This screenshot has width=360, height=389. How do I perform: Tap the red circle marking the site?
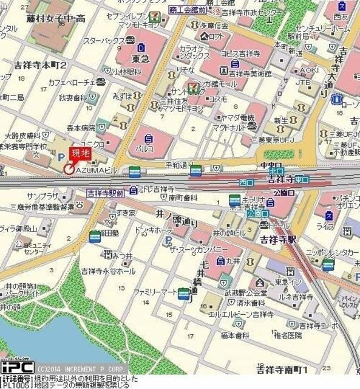pyautogui.click(x=69, y=170)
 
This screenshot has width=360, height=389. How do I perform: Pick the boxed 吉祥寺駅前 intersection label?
pyautogui.click(x=104, y=193)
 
